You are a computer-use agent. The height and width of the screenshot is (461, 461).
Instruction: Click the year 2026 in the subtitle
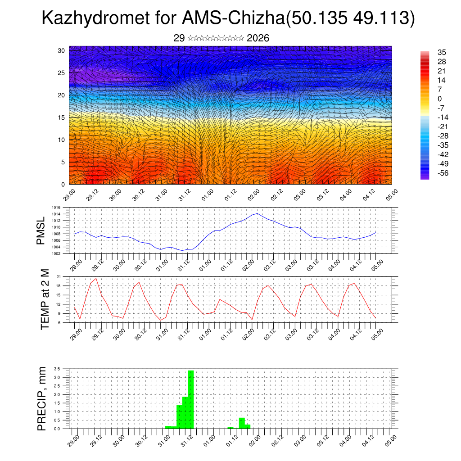tap(258, 38)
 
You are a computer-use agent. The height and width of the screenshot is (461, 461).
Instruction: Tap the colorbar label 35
tap(441, 53)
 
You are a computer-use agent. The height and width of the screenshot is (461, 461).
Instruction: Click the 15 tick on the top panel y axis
tap(62, 118)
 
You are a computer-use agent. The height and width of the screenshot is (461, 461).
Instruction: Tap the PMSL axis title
tap(41, 231)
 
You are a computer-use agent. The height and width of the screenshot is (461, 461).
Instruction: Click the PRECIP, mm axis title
tap(42, 398)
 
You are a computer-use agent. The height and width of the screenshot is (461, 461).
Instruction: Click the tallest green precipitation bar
tap(190, 399)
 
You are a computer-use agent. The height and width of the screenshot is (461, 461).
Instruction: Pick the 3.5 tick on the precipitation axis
tap(57, 369)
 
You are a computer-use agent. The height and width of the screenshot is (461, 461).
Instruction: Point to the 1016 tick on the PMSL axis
tap(56, 208)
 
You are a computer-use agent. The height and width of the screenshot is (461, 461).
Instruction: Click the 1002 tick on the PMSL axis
tap(56, 253)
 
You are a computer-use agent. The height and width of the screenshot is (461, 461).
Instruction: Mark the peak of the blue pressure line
tap(257, 213)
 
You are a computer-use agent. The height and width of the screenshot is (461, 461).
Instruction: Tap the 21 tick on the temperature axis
tap(59, 276)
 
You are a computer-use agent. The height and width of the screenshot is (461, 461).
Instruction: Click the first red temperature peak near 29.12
tap(96, 279)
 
